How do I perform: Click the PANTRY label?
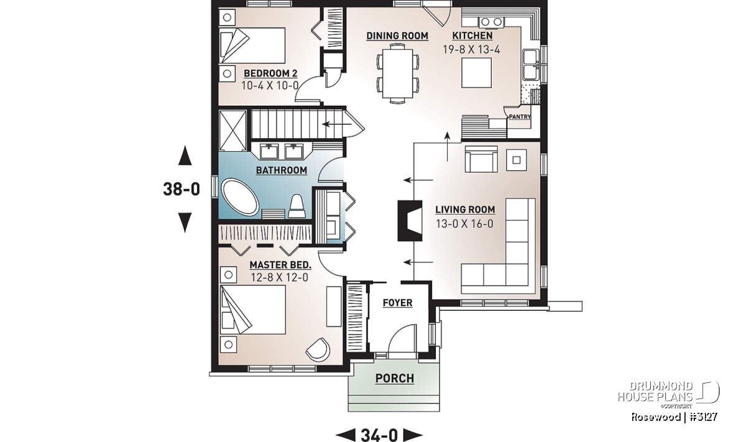tap(520, 117)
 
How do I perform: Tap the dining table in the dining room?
tap(398, 73)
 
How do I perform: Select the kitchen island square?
tap(477, 73)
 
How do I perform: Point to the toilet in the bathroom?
tap(296, 206)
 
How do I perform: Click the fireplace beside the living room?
tap(410, 221)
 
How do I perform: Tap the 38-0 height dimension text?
tap(182, 189)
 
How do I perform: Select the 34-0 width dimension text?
tap(379, 435)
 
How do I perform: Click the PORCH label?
tap(395, 379)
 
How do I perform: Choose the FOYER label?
tap(398, 303)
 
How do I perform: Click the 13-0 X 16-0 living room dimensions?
tap(464, 224)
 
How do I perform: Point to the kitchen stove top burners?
tap(491, 22)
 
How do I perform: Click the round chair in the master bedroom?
tap(318, 349)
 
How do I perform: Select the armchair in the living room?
tap(481, 159)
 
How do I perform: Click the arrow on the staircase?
tap(337, 124)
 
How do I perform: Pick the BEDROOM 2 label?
tap(270, 73)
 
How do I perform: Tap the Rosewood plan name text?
tap(655, 417)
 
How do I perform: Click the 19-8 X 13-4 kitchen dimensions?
tap(472, 50)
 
